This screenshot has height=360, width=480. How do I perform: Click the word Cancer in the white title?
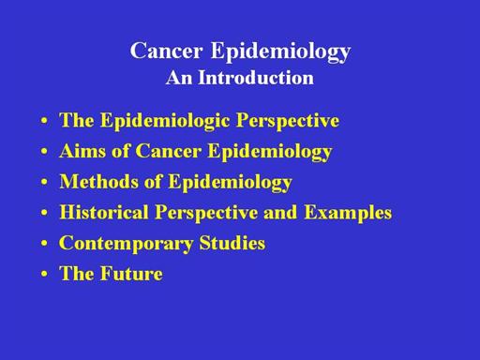(x=166, y=51)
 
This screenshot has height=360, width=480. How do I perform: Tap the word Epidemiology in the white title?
(x=281, y=52)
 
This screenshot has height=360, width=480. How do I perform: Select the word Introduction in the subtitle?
(x=256, y=78)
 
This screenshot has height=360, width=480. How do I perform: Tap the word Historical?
(x=104, y=212)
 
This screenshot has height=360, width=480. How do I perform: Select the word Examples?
(x=348, y=214)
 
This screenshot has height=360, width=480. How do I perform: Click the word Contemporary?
(x=126, y=244)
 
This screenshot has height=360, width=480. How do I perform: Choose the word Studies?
(x=232, y=243)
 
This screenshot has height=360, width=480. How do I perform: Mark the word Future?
(x=131, y=274)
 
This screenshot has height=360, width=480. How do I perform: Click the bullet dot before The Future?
(x=44, y=274)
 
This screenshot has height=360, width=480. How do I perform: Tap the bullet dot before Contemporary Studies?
(x=44, y=244)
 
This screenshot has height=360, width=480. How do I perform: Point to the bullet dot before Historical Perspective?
(x=44, y=213)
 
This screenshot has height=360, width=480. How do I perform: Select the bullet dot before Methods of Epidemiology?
(x=44, y=182)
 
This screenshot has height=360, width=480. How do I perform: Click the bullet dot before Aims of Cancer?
(x=44, y=152)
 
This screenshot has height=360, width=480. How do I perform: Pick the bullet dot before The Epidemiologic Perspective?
(x=44, y=121)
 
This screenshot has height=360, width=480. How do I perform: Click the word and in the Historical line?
(x=280, y=212)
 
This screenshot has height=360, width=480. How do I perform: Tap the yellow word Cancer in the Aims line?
(x=169, y=151)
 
